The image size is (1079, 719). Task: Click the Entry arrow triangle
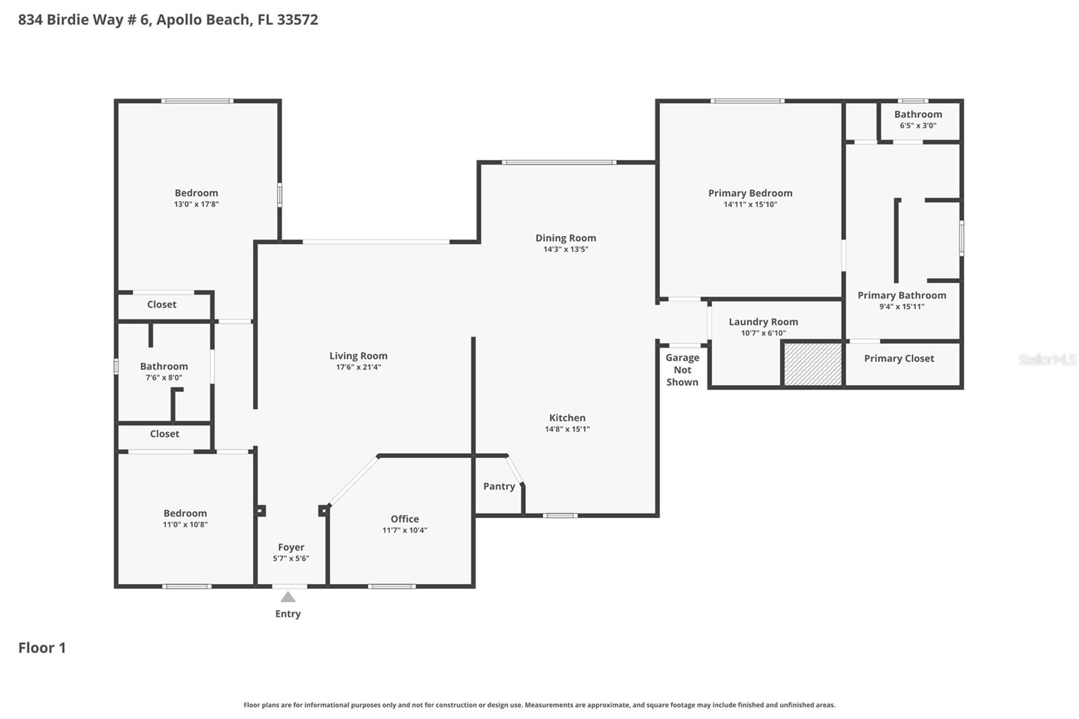pyautogui.click(x=288, y=597)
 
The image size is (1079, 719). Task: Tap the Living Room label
pyautogui.click(x=358, y=356)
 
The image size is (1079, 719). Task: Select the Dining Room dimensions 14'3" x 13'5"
pyautogui.click(x=566, y=250)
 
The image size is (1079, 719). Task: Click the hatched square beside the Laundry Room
pyautogui.click(x=813, y=364)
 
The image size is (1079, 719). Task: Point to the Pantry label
pyautogui.click(x=499, y=486)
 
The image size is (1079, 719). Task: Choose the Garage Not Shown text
pyautogui.click(x=682, y=370)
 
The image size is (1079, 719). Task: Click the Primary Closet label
pyautogui.click(x=899, y=359)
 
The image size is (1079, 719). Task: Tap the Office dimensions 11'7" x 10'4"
pyautogui.click(x=405, y=530)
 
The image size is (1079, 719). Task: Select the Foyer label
pyautogui.click(x=291, y=547)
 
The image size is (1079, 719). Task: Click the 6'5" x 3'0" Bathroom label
pyautogui.click(x=918, y=115)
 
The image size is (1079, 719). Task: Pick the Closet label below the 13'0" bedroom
pyautogui.click(x=162, y=305)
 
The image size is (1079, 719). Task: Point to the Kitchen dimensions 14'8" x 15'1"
pyautogui.click(x=567, y=429)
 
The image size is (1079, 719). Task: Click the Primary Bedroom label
pyautogui.click(x=750, y=194)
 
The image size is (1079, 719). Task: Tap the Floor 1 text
pyautogui.click(x=42, y=648)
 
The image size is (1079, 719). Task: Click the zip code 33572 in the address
pyautogui.click(x=297, y=20)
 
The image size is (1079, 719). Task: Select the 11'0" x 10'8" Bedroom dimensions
pyautogui.click(x=185, y=525)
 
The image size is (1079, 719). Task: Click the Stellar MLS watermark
pyautogui.click(x=1047, y=359)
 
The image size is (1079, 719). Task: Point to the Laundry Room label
pyautogui.click(x=763, y=322)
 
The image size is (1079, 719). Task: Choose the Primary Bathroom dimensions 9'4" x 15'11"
pyautogui.click(x=902, y=307)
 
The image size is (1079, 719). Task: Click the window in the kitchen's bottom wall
pyautogui.click(x=560, y=516)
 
